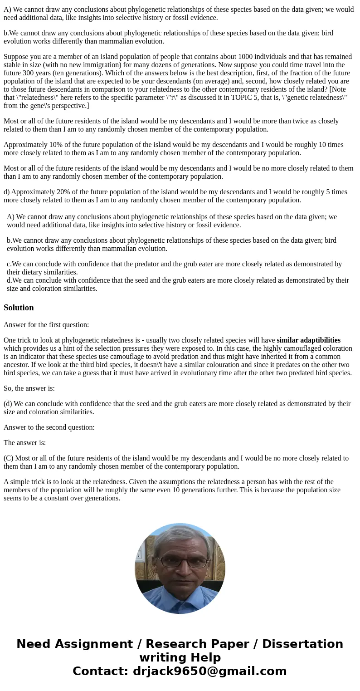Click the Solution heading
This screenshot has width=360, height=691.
pyautogui.click(x=19, y=308)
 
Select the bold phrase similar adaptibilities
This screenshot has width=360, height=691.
pyautogui.click(x=308, y=340)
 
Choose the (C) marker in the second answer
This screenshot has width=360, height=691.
pyautogui.click(x=9, y=458)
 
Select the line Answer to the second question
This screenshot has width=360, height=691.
pyautogui.click(x=49, y=427)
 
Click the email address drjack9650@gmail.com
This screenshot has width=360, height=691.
pyautogui.click(x=209, y=671)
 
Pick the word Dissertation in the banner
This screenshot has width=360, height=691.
pyautogui.click(x=302, y=644)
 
